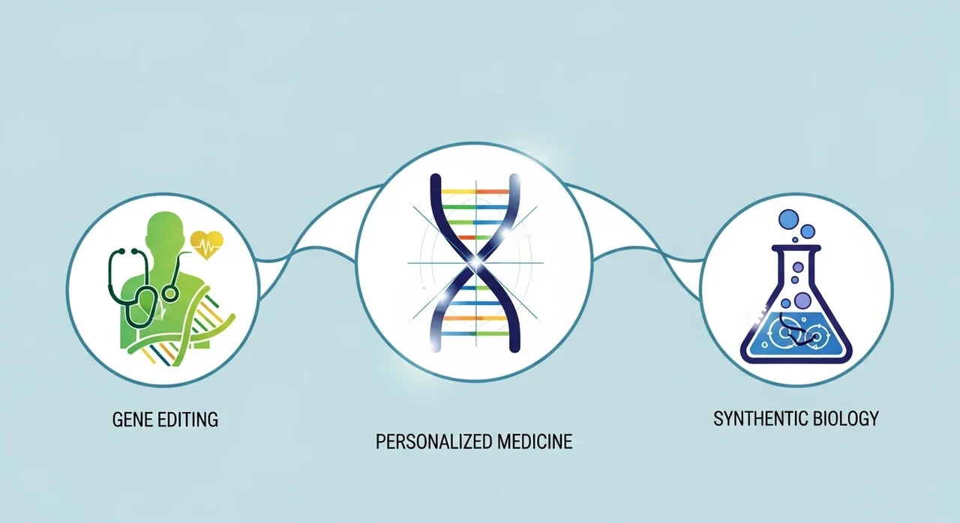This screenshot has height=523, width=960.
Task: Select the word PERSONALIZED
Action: point(433,441)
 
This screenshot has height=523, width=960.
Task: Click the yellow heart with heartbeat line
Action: point(206,245)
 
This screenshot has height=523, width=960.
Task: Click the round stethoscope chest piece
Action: point(170,293)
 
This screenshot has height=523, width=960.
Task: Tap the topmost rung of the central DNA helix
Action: point(475,191)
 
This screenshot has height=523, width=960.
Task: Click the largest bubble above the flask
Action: point(789,220)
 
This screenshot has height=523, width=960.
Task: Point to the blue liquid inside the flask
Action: point(796,335)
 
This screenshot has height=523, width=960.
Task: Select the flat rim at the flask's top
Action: point(796,248)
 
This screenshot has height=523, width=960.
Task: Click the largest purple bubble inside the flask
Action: point(802,300)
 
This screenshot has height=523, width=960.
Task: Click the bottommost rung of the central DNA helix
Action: point(475,333)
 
